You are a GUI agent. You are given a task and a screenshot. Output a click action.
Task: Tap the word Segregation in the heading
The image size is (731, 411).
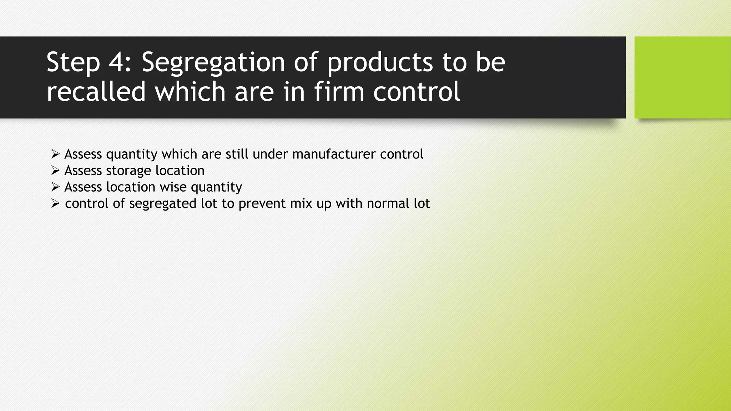click(x=213, y=63)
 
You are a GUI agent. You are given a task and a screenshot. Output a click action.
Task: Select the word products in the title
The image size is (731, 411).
click(x=380, y=63)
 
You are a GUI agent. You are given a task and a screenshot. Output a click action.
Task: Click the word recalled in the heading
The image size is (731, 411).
click(x=96, y=92)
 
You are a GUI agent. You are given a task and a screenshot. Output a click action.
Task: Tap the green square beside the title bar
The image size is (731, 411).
click(x=682, y=77)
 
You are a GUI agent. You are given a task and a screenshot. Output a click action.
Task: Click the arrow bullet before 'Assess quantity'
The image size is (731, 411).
click(x=55, y=154)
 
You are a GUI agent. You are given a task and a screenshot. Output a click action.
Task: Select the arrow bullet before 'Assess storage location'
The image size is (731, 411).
click(x=55, y=171)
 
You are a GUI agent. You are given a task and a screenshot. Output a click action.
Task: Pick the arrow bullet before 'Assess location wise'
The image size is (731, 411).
click(x=55, y=187)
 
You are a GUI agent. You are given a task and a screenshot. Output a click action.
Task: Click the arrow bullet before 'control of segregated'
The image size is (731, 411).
click(x=55, y=203)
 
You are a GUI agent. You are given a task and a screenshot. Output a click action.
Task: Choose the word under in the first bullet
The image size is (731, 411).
click(x=270, y=154)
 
